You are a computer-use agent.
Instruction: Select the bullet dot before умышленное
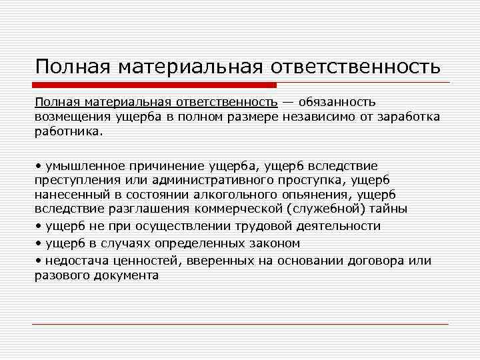click(x=39, y=165)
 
